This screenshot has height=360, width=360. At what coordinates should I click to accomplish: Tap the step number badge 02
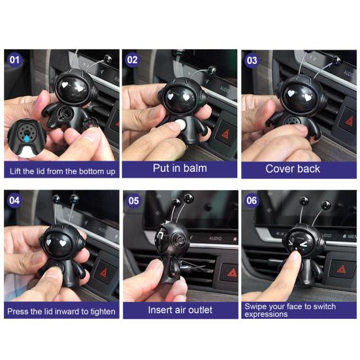[133, 60]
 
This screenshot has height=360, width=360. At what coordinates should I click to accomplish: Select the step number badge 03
[252, 60]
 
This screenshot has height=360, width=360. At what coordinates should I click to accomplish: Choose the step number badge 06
[252, 201]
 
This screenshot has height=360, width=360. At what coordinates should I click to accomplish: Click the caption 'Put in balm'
[180, 168]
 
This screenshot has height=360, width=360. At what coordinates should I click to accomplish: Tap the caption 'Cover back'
[293, 168]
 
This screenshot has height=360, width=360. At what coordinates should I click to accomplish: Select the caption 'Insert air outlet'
[180, 310]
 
